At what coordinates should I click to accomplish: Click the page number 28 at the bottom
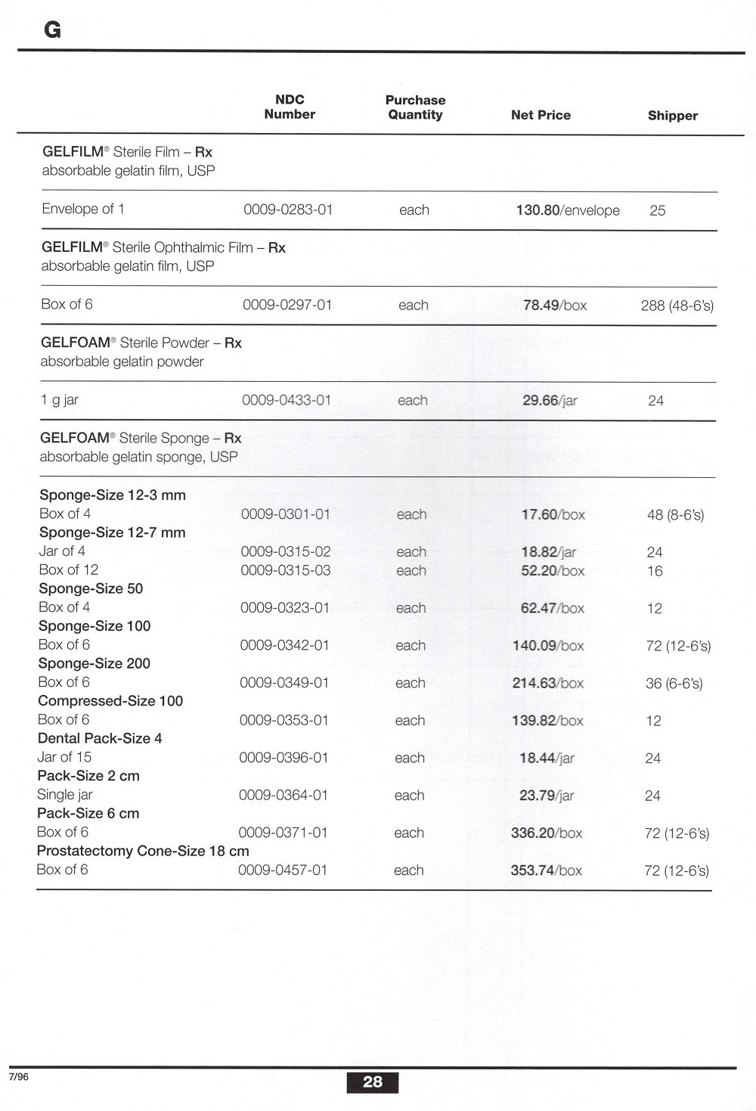click(x=373, y=1082)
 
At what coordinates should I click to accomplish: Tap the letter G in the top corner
click(x=52, y=29)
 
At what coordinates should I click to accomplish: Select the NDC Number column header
click(x=290, y=107)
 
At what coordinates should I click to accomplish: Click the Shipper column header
click(x=672, y=116)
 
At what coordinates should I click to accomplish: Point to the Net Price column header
click(x=541, y=115)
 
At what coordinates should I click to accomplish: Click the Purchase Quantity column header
click(x=415, y=107)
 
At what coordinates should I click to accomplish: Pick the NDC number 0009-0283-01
click(x=288, y=209)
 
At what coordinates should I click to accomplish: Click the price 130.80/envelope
click(x=567, y=210)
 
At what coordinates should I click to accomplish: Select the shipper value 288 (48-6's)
click(x=677, y=306)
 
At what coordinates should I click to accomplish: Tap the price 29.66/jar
click(x=550, y=401)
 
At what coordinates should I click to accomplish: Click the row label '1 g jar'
click(x=60, y=400)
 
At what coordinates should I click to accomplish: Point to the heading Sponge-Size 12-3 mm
click(x=113, y=495)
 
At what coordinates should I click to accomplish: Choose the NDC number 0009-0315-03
click(x=285, y=570)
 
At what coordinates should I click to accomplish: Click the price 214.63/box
click(x=547, y=683)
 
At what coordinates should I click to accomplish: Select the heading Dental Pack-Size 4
click(x=100, y=738)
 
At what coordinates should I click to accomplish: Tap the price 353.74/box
click(x=546, y=870)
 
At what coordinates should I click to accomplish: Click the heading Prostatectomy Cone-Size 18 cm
click(x=143, y=851)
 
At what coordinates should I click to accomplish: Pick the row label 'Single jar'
click(x=65, y=795)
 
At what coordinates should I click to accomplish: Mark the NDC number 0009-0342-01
click(x=284, y=645)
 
